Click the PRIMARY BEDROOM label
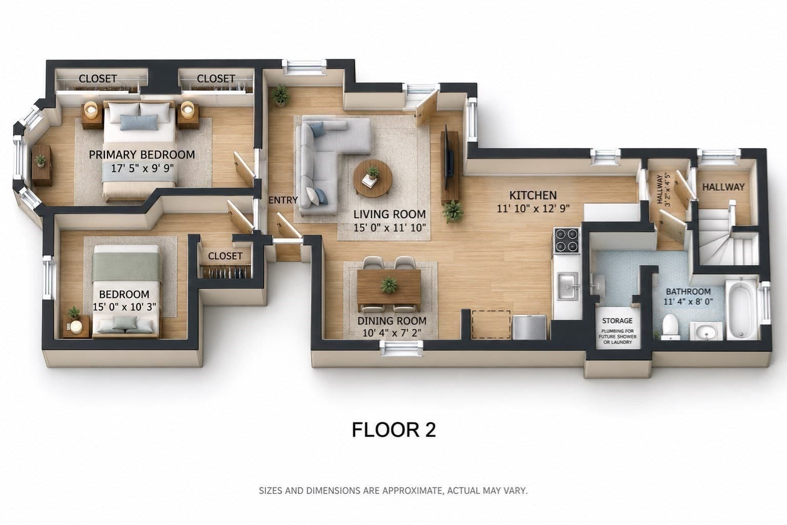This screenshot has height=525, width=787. (141, 155)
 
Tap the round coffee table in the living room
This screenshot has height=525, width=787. (373, 178)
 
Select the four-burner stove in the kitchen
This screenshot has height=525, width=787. (566, 240)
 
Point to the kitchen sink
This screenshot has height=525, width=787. (568, 286)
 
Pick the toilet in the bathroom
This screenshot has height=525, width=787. (670, 327)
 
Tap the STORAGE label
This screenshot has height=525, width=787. (617, 321)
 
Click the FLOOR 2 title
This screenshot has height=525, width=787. (394, 430)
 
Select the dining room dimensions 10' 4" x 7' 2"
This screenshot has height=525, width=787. (392, 333)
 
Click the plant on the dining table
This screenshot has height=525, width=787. (388, 285)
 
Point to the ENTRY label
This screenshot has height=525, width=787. (283, 200)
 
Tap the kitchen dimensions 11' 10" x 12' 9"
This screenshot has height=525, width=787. (533, 209)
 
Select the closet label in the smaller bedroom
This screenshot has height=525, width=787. (225, 256)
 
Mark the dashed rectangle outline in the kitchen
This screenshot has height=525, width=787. (491, 324)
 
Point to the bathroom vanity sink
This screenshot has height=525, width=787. (706, 331)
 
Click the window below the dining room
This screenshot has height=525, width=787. (402, 348)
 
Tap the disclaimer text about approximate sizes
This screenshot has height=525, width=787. (393, 491)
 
